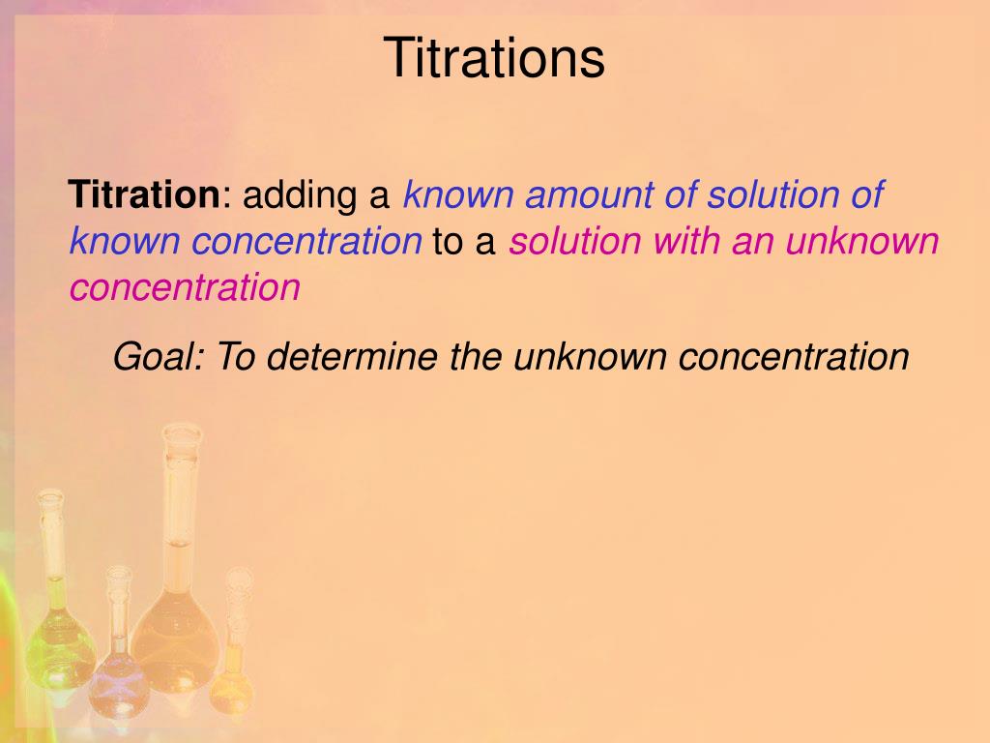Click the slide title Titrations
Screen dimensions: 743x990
pyautogui.click(x=494, y=58)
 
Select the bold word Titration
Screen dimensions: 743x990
pyautogui.click(x=144, y=194)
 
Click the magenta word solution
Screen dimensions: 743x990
pyautogui.click(x=574, y=241)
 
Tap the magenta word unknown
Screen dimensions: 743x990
pyautogui.click(x=861, y=241)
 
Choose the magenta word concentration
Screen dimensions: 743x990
pyautogui.click(x=185, y=287)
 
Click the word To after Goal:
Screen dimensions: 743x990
pyautogui.click(x=233, y=357)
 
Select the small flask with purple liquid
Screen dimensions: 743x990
pyautogui.click(x=118, y=668)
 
